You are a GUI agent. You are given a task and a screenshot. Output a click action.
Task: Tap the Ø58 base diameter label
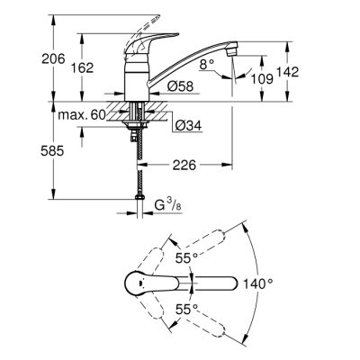tap(180, 86)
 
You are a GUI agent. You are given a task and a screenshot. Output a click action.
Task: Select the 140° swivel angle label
tap(259, 283)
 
